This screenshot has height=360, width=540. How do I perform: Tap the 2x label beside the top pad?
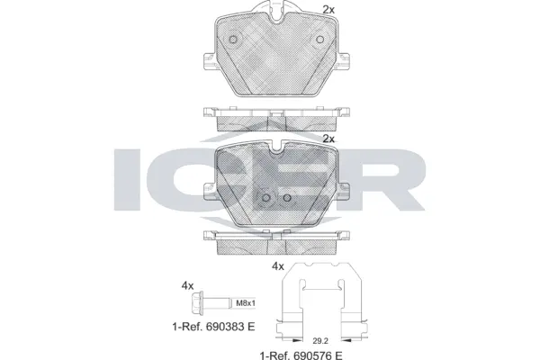coord(328,10)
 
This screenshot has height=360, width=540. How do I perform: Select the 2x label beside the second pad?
coord(328,139)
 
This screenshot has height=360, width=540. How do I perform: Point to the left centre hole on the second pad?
coord(265,199)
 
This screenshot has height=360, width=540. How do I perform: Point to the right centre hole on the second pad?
coord(286,199)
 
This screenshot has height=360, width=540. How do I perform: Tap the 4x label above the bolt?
coord(187,285)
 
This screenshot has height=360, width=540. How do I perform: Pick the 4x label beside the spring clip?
coord(278,267)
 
